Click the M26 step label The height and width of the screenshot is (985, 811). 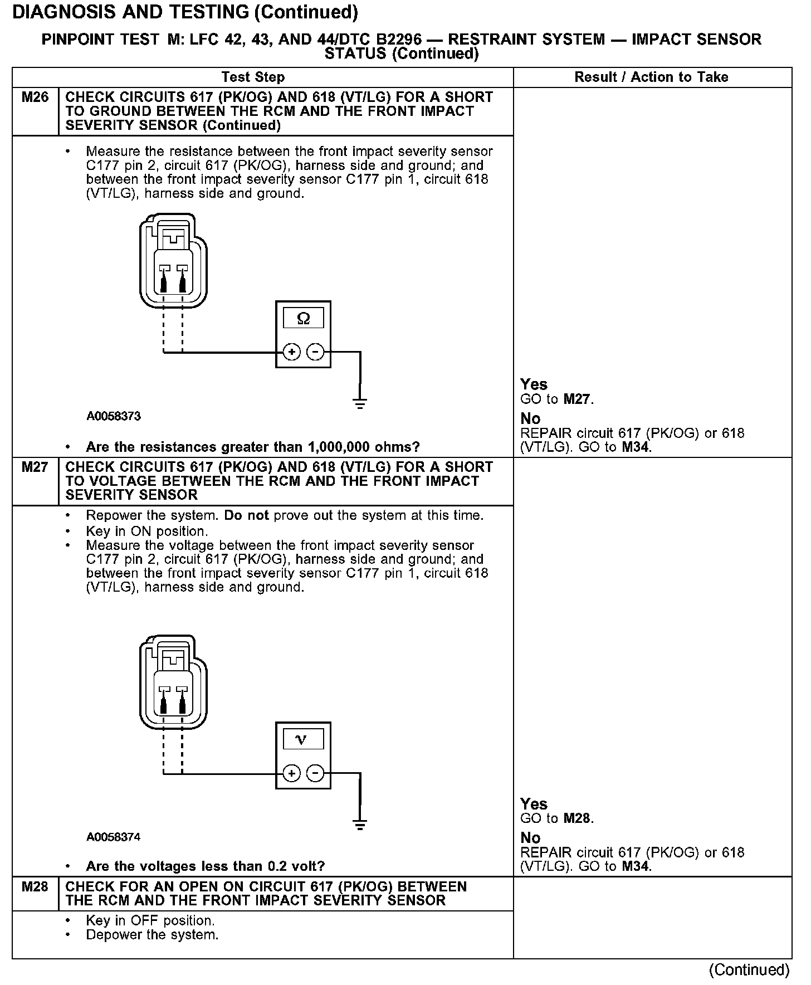pos(35,97)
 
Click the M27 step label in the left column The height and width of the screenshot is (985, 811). pos(35,467)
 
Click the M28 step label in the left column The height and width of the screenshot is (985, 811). pos(35,886)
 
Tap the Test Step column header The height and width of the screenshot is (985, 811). pos(253,77)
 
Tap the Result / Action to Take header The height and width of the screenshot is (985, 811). pos(651,77)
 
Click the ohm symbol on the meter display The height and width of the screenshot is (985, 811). pos(303,319)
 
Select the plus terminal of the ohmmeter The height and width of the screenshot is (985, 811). pos(291,352)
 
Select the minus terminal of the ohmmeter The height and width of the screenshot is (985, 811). pos(315,352)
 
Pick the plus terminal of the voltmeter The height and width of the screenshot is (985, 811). pos(291,773)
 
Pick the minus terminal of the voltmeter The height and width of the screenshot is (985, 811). pos(315,773)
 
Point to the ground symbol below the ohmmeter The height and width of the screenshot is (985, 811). pos(360,403)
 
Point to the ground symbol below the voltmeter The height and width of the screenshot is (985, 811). pos(360,825)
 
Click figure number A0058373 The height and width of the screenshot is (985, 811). pos(114,416)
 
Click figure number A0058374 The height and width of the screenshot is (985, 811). pos(114,837)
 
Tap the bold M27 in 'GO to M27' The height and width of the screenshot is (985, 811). pos(578,399)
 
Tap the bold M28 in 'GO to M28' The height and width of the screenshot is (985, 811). pos(578,818)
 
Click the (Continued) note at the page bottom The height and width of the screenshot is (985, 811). pos(749,970)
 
